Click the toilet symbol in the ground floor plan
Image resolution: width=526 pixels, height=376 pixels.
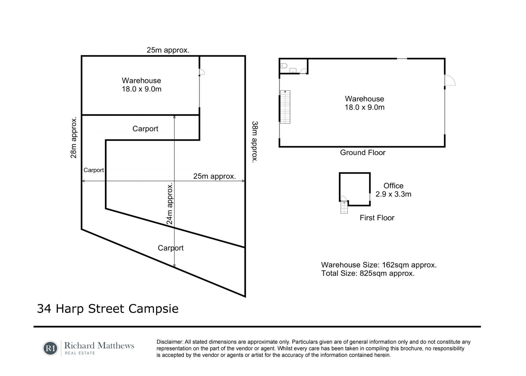284,66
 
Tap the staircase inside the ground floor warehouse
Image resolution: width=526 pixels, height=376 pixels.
285,107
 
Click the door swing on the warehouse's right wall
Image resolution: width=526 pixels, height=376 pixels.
450,80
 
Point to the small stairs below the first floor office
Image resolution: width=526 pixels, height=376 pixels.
344,207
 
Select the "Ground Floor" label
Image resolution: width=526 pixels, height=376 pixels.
363,153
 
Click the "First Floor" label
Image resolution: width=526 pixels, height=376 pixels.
377,218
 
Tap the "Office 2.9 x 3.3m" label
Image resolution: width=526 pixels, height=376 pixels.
393,190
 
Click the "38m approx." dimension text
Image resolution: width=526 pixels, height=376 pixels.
255,142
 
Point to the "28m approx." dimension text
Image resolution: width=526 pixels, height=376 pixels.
74,138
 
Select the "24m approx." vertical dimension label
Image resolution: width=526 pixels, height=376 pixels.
170,204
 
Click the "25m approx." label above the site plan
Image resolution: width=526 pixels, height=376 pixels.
168,50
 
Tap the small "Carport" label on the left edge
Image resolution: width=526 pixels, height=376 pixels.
94,170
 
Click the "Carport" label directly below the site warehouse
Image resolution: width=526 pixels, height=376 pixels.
145,129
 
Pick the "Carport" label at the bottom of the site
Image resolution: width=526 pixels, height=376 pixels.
171,248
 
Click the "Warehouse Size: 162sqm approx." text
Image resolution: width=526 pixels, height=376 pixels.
379,265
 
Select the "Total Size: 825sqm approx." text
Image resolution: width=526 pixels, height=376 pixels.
368,273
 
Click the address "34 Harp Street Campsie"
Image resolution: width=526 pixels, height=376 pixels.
108,309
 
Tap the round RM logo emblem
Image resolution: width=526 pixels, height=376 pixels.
50,348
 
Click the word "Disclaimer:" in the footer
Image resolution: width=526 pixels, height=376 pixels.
170,342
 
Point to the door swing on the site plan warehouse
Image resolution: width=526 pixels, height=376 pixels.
202,72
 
